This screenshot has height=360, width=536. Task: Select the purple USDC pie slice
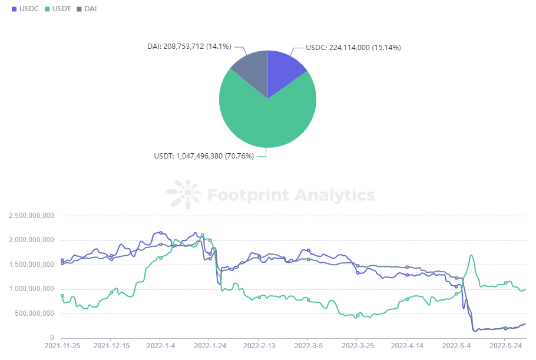pos(284,71)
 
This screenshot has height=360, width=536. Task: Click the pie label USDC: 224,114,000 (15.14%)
pos(353,48)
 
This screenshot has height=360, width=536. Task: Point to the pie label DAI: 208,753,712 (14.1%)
pos(188,47)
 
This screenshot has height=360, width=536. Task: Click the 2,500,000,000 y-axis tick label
pos(31,216)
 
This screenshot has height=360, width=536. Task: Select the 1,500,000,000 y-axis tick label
pos(31,265)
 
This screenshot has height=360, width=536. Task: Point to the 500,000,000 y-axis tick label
pos(34,313)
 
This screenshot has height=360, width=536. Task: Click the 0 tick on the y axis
pos(52,338)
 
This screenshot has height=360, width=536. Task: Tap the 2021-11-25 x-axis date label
pos(62,346)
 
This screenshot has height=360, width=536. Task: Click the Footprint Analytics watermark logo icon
pos(183,195)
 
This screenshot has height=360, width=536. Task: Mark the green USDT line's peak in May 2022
pos(471,255)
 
